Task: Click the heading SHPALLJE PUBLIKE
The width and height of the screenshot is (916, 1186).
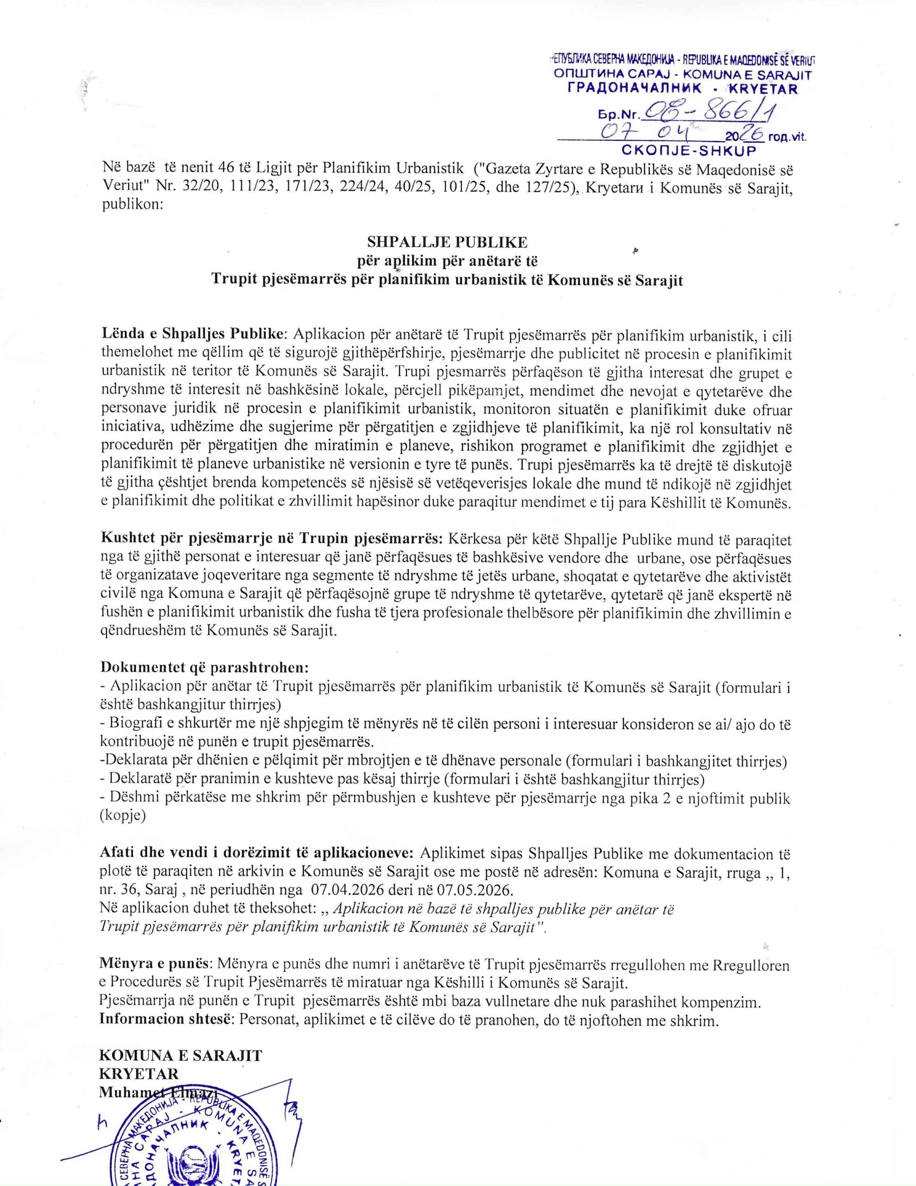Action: [447, 240]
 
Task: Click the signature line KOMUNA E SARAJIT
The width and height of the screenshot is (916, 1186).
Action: [180, 1056]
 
